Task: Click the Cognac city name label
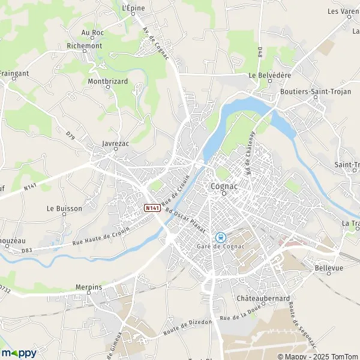pyautogui.click(x=223, y=186)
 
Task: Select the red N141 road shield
pyautogui.click(x=152, y=208)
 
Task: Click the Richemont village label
pyautogui.click(x=85, y=46)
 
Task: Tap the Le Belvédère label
pyautogui.click(x=269, y=76)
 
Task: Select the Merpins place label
pyautogui.click(x=88, y=287)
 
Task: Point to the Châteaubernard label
pyautogui.click(x=263, y=298)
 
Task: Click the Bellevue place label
pyautogui.click(x=328, y=268)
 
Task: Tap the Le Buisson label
pyautogui.click(x=64, y=209)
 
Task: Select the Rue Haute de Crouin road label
pyautogui.click(x=100, y=238)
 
